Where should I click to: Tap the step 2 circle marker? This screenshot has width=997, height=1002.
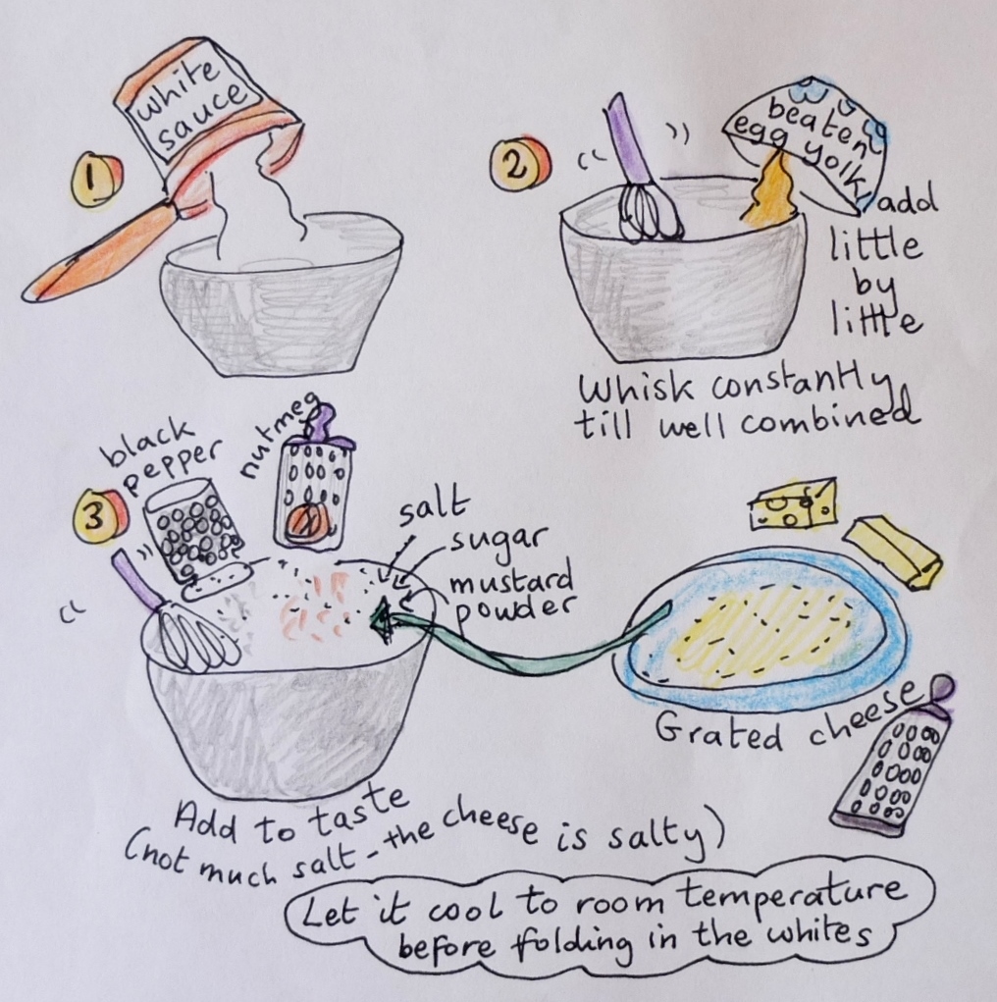click(518, 164)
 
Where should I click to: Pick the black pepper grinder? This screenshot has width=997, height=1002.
click(195, 537)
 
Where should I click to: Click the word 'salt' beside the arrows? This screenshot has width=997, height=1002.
click(433, 512)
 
